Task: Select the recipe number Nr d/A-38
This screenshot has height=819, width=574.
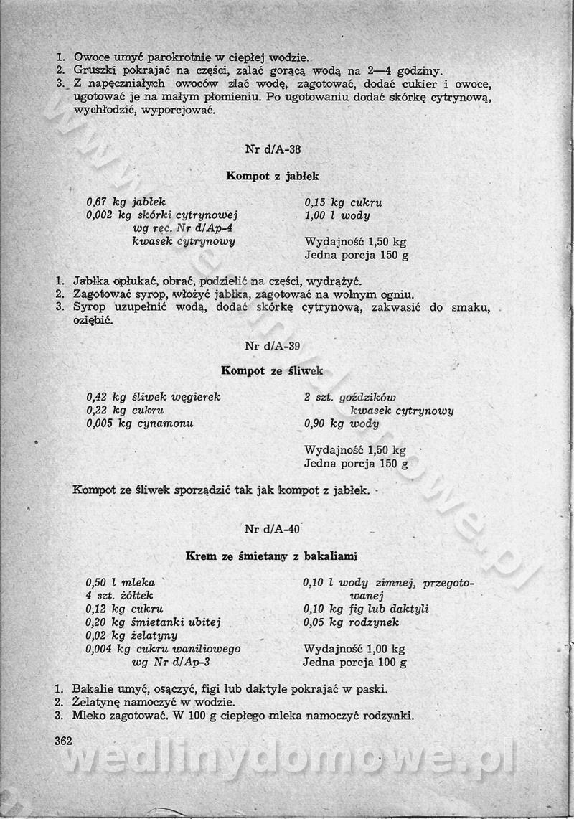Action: (x=273, y=150)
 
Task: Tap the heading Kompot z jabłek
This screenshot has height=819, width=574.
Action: (x=273, y=176)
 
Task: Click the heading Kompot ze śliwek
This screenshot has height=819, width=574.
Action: (x=272, y=371)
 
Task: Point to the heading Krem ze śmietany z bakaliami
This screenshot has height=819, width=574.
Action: (x=272, y=556)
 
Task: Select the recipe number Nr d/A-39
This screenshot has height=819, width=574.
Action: (x=273, y=345)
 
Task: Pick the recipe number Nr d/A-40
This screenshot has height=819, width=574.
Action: (x=272, y=530)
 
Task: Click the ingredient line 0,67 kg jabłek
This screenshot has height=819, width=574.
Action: (x=126, y=202)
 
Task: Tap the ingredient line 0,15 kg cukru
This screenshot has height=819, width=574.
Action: (x=343, y=202)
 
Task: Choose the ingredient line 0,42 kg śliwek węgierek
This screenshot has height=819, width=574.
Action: (x=153, y=396)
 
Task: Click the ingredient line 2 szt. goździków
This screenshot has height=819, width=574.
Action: (x=349, y=397)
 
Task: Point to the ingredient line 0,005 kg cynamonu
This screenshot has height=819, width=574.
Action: (x=139, y=423)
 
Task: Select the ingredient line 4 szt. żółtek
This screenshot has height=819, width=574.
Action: (x=119, y=596)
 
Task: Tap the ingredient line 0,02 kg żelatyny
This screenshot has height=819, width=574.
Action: (x=131, y=636)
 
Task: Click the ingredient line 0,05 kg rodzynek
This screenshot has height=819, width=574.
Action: (x=351, y=622)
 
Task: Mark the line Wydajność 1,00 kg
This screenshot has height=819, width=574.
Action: (x=354, y=649)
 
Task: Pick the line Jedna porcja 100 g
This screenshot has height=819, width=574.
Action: (x=354, y=663)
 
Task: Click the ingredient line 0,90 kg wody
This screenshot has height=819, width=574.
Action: (x=342, y=423)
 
